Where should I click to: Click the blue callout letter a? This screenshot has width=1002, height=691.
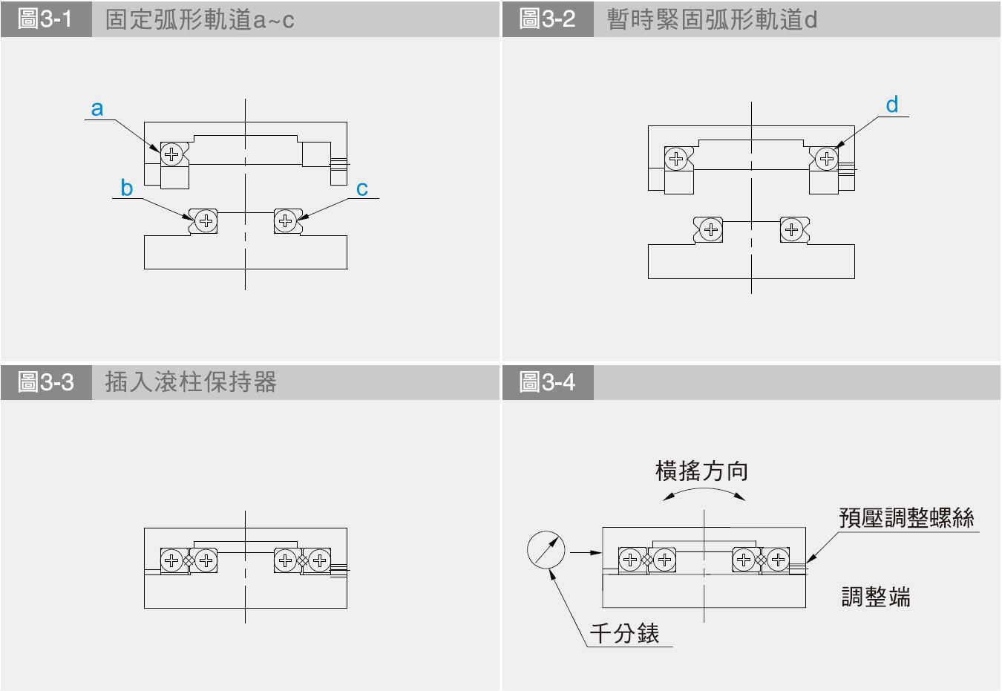pyautogui.click(x=97, y=109)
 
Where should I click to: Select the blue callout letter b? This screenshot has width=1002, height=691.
pyautogui.click(x=127, y=189)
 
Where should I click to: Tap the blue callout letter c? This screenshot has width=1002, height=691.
pyautogui.click(x=362, y=189)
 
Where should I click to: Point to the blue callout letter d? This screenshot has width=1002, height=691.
pyautogui.click(x=892, y=105)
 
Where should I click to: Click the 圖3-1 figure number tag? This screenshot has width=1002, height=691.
pyautogui.click(x=46, y=19)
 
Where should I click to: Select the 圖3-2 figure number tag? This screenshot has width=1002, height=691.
pyautogui.click(x=548, y=19)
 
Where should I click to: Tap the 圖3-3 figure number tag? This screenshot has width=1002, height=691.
pyautogui.click(x=46, y=382)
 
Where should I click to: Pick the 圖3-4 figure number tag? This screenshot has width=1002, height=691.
pyautogui.click(x=548, y=382)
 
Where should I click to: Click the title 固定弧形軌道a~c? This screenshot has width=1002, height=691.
pyautogui.click(x=200, y=19)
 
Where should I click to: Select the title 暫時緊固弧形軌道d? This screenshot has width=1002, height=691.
pyautogui.click(x=712, y=19)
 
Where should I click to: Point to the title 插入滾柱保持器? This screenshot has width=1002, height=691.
pyautogui.click(x=191, y=382)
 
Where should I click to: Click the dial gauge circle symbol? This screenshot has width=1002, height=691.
pyautogui.click(x=546, y=550)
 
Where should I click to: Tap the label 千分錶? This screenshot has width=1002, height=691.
pyautogui.click(x=625, y=633)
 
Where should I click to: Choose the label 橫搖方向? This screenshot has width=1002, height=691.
pyautogui.click(x=701, y=471)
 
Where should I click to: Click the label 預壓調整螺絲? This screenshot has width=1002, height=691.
pyautogui.click(x=906, y=517)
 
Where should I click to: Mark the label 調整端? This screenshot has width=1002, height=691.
pyautogui.click(x=876, y=597)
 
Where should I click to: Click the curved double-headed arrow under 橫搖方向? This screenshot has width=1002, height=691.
pyautogui.click(x=704, y=492)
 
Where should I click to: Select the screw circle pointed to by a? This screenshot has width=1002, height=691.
pyautogui.click(x=171, y=154)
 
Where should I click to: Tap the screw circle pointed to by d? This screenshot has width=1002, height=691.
pyautogui.click(x=826, y=158)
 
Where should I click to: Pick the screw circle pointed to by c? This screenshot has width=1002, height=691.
pyautogui.click(x=286, y=220)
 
